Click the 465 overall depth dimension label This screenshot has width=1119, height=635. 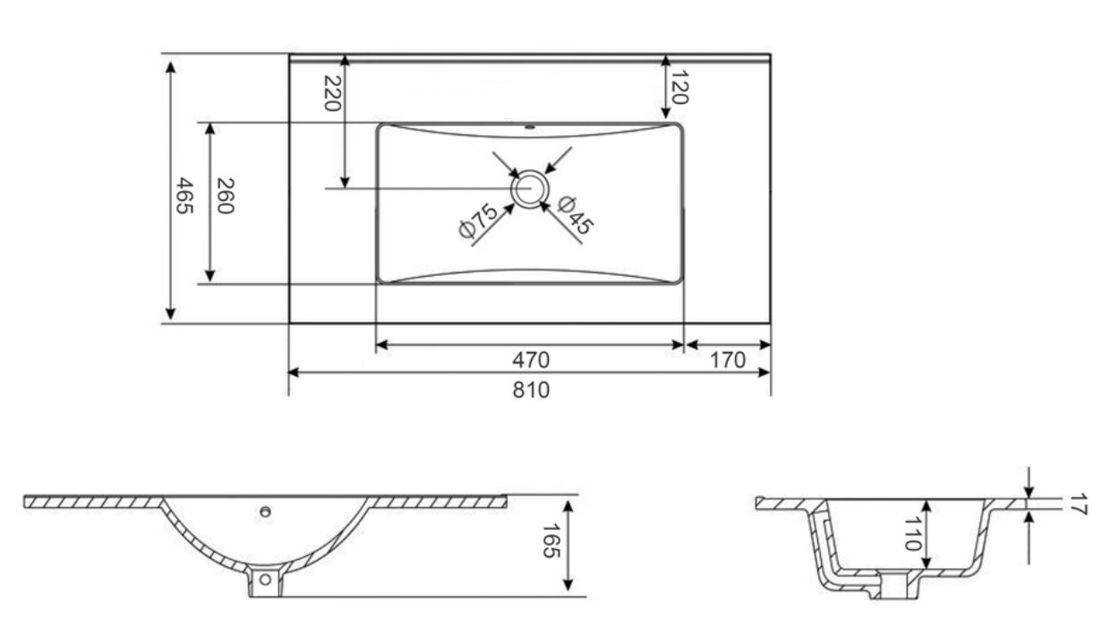(x=184, y=195)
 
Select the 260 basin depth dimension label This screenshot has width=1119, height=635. (x=225, y=196)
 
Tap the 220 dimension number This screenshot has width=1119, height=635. (x=332, y=93)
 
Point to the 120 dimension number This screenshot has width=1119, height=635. (x=679, y=87)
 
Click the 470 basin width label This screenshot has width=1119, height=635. (x=531, y=360)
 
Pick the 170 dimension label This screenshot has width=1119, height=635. (x=727, y=360)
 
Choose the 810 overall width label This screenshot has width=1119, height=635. (x=531, y=390)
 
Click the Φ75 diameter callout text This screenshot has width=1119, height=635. (x=478, y=220)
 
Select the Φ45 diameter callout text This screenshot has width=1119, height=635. (x=576, y=215)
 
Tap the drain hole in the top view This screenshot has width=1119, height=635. (x=530, y=189)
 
